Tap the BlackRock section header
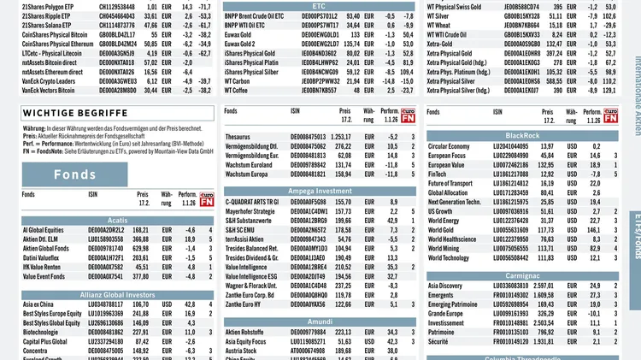522,135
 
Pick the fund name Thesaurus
238,137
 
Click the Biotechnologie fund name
44,331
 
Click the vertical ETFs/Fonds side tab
634,248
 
